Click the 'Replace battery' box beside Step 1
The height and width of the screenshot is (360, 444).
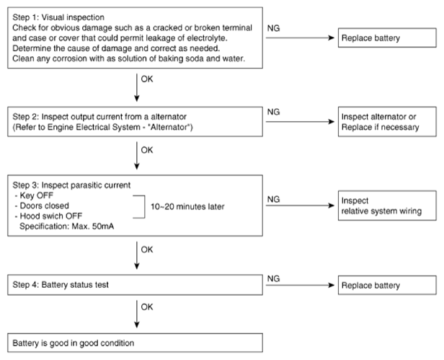387,38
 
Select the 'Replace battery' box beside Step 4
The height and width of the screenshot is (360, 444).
387,285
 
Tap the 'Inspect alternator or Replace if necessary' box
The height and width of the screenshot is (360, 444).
387,122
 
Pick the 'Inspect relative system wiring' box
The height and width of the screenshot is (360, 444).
387,206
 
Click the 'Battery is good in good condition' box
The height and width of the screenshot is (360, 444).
135,343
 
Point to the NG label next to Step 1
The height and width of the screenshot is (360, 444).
274,28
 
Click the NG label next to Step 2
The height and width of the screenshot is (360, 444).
274,112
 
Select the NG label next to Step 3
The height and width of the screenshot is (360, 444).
274,199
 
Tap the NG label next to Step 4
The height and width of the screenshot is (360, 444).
274,278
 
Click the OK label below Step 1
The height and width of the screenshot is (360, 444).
147,79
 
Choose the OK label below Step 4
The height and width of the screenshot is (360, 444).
147,307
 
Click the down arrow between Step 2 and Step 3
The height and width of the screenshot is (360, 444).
137,156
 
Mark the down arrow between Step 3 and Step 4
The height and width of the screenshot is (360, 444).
137,255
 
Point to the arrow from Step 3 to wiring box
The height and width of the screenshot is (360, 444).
300,206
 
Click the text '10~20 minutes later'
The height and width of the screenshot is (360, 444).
187,206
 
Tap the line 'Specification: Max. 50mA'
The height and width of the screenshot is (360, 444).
66,227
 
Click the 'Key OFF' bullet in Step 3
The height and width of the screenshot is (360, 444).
34,196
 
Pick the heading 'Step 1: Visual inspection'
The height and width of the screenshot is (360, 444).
58,17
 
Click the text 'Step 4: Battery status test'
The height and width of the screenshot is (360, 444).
61,285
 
